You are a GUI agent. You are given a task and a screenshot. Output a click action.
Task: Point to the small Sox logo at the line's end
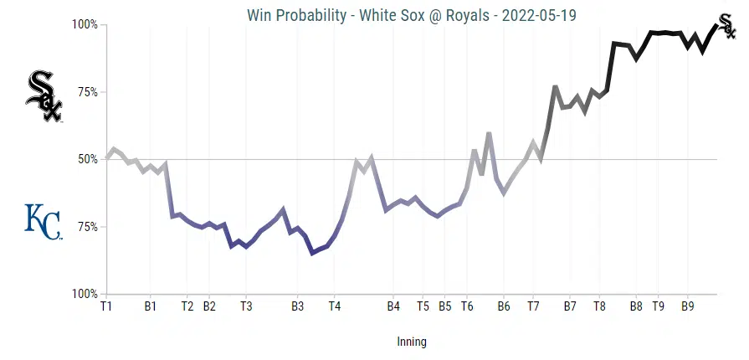728,27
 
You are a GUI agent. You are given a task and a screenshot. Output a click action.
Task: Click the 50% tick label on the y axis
86,159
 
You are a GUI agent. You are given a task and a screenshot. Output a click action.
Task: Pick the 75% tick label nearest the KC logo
86,227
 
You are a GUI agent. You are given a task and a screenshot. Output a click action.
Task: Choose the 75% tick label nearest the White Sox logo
86,92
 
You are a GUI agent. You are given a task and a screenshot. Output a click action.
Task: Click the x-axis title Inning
412,342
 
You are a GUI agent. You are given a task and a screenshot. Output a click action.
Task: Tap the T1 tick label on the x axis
106,306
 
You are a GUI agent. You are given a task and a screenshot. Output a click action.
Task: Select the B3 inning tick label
297,306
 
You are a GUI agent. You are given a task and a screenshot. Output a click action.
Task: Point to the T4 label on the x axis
334,306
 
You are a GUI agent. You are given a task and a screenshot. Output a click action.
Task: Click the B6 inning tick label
504,306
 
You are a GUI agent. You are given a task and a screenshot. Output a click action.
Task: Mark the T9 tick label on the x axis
659,306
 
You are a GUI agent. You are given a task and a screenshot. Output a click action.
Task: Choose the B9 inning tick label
687,306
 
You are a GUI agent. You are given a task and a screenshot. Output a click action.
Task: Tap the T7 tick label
533,306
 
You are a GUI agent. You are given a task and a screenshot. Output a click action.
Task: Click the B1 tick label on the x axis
151,306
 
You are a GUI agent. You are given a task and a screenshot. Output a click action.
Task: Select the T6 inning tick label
467,306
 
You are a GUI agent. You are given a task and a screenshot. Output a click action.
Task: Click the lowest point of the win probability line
312,253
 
